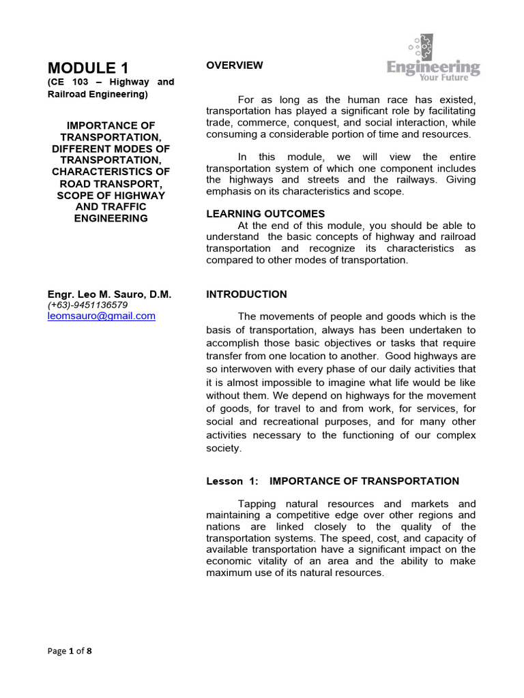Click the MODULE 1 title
coord(87,67)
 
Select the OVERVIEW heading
coord(234,65)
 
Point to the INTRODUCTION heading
coord(246,294)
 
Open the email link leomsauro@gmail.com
coord(102,316)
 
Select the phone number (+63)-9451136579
coord(87,305)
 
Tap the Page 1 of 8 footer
coord(69,651)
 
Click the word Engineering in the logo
coord(433,68)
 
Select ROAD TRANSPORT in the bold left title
coord(111,183)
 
